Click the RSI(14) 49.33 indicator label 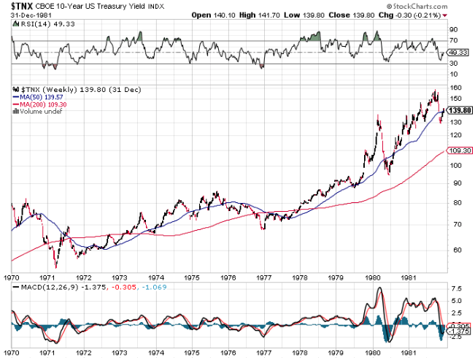[36, 24]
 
